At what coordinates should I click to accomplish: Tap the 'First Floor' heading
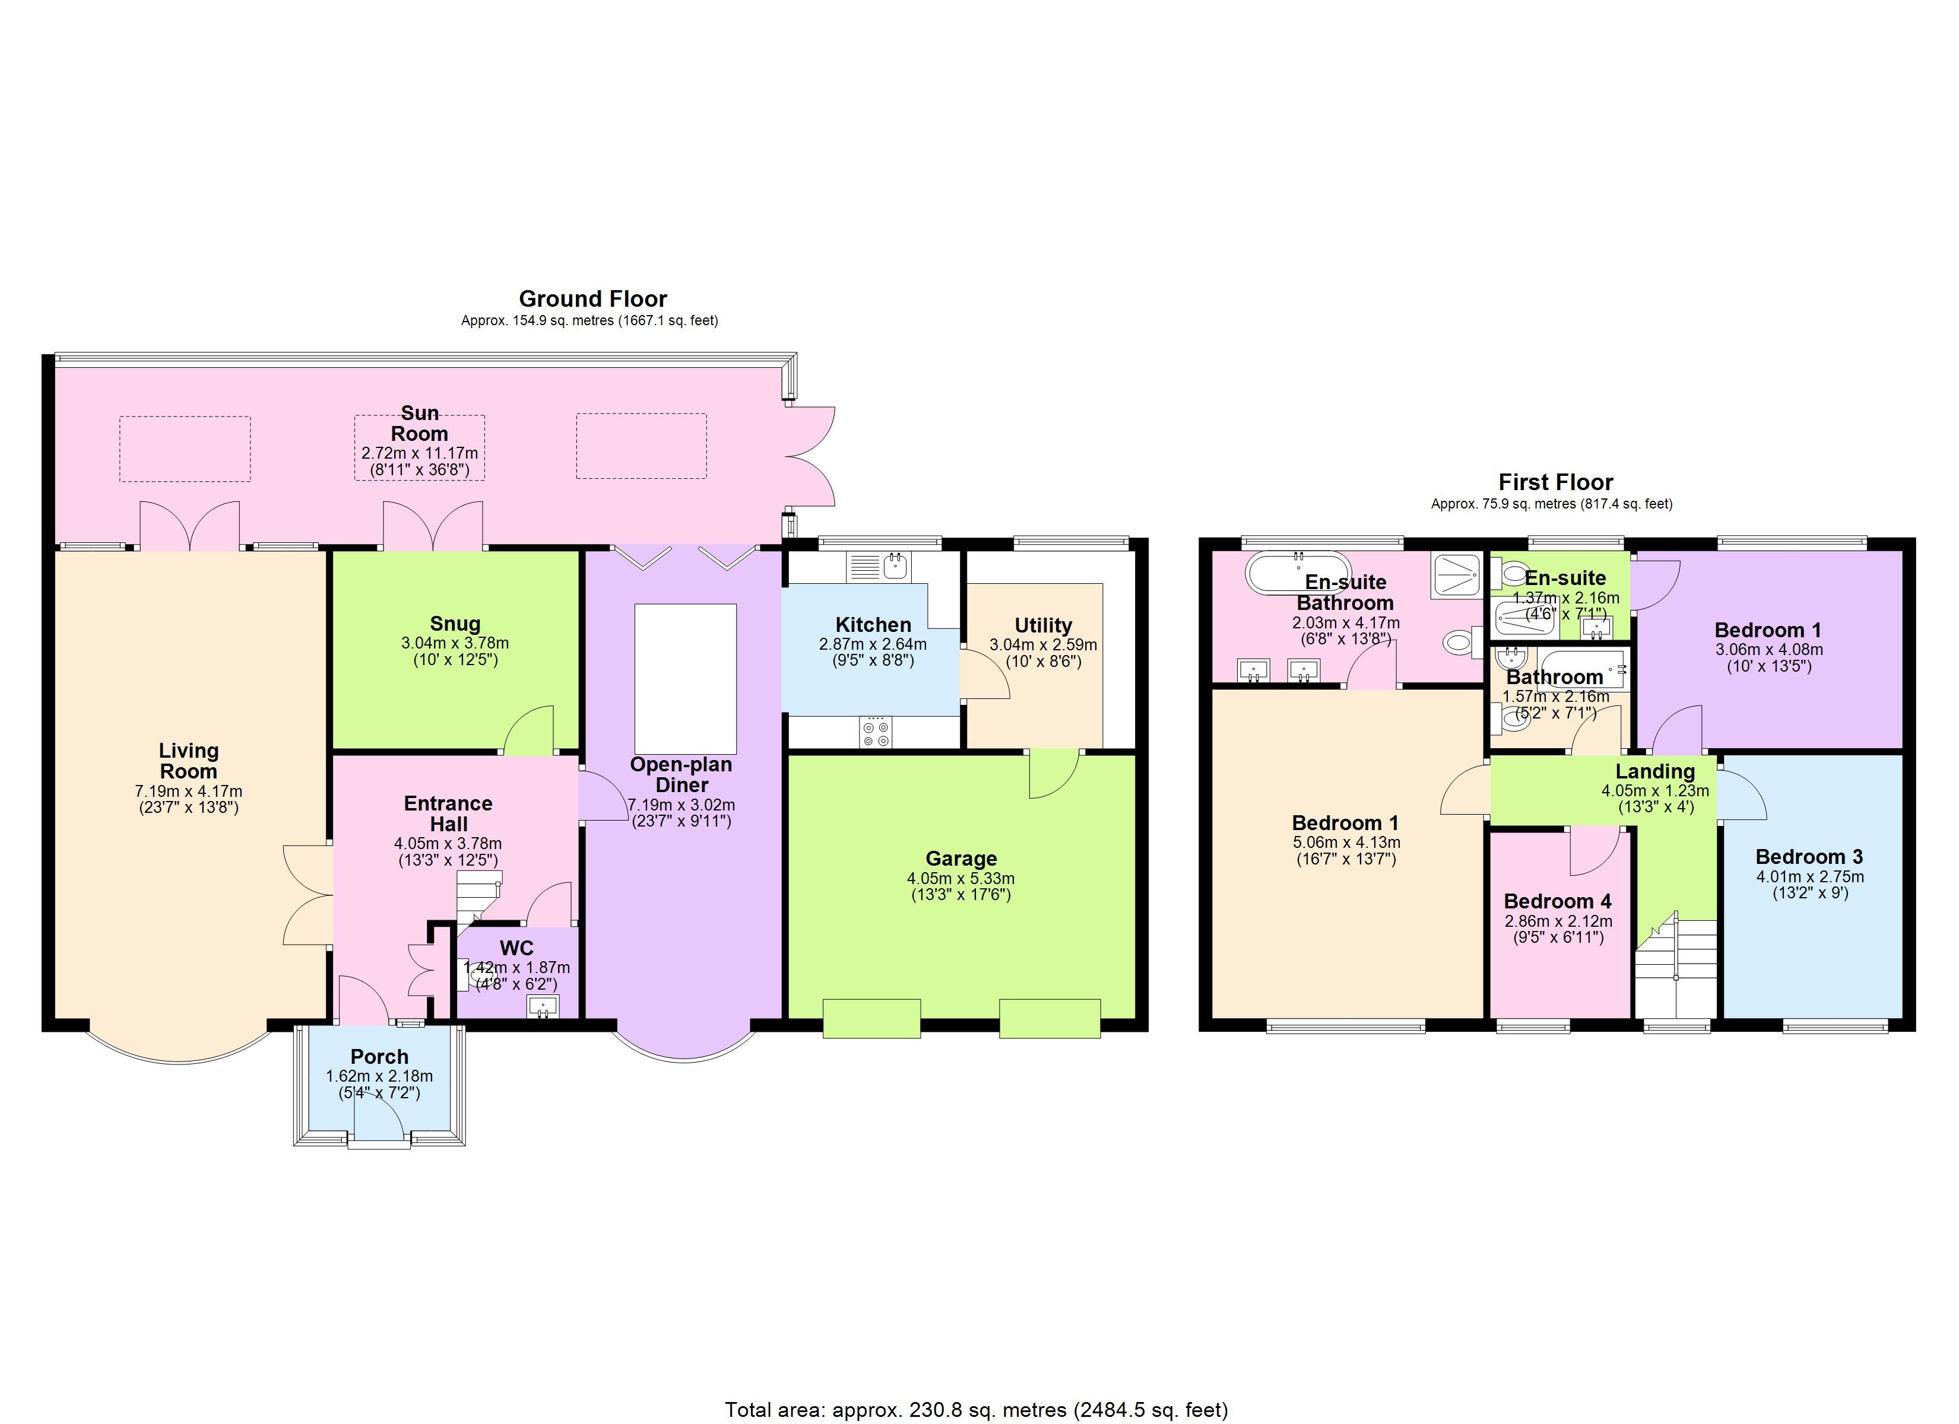point(1556,482)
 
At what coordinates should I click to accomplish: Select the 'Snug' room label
point(455,624)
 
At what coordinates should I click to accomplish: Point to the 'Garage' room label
point(961,859)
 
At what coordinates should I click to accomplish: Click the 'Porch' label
point(379,1056)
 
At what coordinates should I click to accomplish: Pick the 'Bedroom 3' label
point(1809,857)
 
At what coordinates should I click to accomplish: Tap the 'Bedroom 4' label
point(1557,901)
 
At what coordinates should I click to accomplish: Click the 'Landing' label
point(1655,771)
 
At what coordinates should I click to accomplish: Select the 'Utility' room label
point(1044,625)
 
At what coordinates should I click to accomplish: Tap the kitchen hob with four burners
point(876,732)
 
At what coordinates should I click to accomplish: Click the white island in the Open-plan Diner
point(686,679)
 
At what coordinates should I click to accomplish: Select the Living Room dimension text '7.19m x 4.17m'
point(188,791)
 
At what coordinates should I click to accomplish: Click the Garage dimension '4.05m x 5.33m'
point(961,878)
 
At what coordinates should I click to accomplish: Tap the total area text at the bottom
point(976,1410)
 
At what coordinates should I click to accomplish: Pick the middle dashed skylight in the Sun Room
point(420,447)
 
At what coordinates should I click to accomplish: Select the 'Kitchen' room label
point(873,624)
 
